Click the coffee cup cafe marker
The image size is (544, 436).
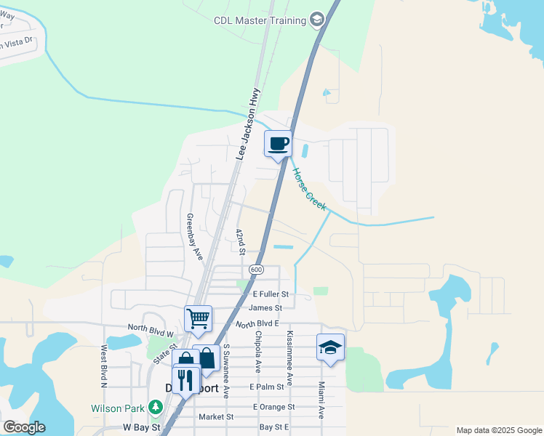[277, 143]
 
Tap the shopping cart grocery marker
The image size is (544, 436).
[198, 318]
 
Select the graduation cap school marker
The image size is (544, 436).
[329, 347]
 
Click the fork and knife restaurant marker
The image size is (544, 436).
[185, 379]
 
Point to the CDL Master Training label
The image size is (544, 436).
[260, 20]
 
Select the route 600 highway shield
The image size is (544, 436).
[255, 270]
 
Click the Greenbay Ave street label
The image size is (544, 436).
[193, 236]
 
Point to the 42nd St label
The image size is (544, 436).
[240, 241]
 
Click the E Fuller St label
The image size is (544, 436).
[271, 294]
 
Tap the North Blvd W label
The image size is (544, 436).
[151, 328]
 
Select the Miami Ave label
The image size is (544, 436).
[321, 401]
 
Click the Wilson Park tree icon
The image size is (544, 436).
[155, 408]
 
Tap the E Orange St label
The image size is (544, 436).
[274, 407]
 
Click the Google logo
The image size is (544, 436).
[23, 427]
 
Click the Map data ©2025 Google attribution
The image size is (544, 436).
[499, 430]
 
